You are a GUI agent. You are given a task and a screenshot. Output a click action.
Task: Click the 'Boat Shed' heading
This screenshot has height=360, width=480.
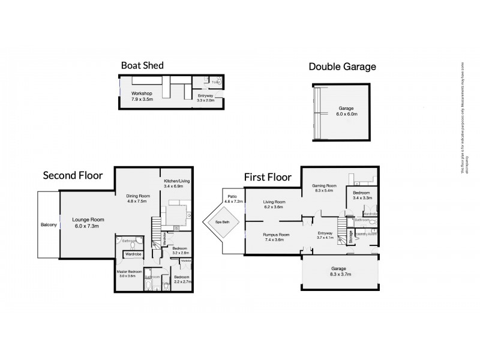coord(142,65)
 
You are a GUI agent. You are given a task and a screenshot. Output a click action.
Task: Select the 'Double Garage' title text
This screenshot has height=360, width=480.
coord(342,67)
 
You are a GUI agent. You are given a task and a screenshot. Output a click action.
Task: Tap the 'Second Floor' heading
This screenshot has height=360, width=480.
coord(73,175)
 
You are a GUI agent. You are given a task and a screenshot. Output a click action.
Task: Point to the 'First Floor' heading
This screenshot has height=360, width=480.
coord(267,177)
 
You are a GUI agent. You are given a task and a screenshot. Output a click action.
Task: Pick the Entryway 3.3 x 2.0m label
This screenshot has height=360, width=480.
coord(206,98)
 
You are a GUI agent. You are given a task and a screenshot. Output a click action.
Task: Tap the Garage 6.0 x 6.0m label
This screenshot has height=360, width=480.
coord(344,111)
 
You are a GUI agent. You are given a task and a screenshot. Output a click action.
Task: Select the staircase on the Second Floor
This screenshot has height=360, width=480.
coord(157,230)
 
